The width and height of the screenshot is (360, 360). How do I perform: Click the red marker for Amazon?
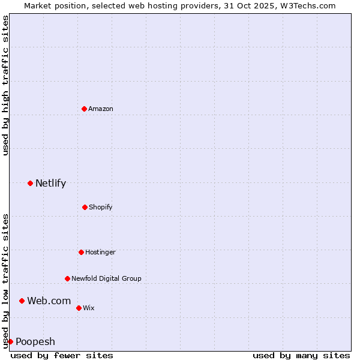(84, 109)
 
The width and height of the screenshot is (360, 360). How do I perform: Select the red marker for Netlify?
(30, 183)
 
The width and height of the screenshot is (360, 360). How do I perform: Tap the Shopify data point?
(85, 207)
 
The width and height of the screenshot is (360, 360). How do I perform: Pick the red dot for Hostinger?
(81, 252)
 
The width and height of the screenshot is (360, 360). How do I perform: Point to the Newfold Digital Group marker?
(67, 278)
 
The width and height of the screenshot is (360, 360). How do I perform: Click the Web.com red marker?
(22, 301)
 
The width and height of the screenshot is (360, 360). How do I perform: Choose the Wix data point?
(79, 308)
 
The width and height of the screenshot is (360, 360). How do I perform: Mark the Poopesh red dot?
(10, 341)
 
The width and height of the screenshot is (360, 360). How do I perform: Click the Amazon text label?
(101, 109)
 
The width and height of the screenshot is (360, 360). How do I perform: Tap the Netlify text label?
(50, 183)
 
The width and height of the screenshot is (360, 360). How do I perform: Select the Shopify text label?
(101, 207)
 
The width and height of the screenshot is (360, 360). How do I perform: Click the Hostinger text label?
(100, 252)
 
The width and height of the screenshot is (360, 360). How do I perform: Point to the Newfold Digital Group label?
(107, 278)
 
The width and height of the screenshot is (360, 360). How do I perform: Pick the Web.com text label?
(49, 301)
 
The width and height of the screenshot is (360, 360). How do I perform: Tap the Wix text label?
(89, 308)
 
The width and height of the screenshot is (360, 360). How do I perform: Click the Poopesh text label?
(35, 341)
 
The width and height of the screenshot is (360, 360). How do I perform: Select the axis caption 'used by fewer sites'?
(62, 355)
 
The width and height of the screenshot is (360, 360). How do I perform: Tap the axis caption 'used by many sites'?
(301, 355)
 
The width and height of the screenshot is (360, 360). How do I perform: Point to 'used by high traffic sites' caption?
(5, 85)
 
